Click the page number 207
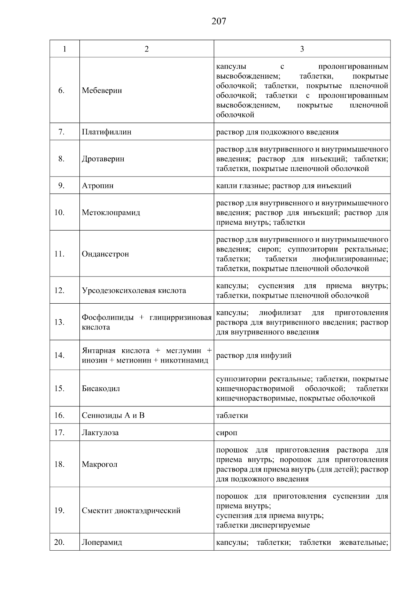coord(218,22)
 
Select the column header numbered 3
coord(302,49)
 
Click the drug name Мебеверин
coord(102,91)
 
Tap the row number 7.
coord(61,132)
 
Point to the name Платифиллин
coord(106,132)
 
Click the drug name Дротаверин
coord(103,159)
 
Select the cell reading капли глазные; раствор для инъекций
coord(284,186)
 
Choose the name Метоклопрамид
coord(111,212)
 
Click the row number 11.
coord(60,254)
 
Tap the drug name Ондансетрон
coord(105,254)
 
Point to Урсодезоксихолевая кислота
coord(134,290)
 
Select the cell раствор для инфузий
coord(254,356)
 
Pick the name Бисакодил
coord(101,389)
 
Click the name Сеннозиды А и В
coord(113,415)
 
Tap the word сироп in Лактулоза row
coord(226,433)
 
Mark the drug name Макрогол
coord(99,465)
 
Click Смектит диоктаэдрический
coord(131,511)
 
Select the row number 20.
coord(60,542)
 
